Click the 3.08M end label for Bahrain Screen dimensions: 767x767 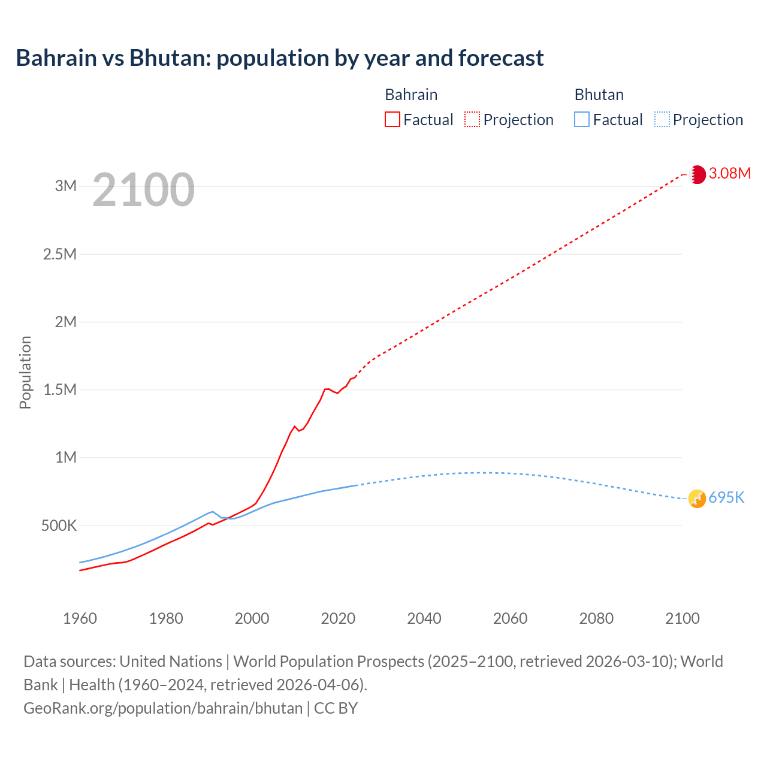click(x=729, y=174)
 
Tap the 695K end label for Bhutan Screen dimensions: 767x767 click(x=726, y=498)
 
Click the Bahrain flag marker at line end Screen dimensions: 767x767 click(x=697, y=174)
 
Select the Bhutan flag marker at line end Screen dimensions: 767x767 click(x=697, y=499)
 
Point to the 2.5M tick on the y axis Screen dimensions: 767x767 click(x=60, y=254)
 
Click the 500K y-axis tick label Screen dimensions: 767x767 click(x=59, y=526)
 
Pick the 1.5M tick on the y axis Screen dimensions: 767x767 click(x=60, y=390)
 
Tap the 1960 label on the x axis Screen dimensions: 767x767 click(x=80, y=618)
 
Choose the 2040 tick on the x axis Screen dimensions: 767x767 click(x=424, y=618)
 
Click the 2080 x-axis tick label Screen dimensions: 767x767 click(x=596, y=618)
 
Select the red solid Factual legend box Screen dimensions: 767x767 click(x=392, y=119)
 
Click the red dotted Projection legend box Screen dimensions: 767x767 click(x=472, y=119)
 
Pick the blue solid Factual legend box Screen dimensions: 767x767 click(x=582, y=119)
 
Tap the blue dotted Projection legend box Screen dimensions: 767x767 click(x=662, y=119)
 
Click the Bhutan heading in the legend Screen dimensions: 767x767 click(x=599, y=95)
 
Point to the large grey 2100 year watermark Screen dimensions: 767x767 click(x=143, y=190)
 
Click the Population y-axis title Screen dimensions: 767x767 click(x=25, y=372)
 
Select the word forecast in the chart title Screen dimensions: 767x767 click(x=501, y=58)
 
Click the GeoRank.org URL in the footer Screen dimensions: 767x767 click(x=163, y=708)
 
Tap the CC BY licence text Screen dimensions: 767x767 click(x=336, y=708)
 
